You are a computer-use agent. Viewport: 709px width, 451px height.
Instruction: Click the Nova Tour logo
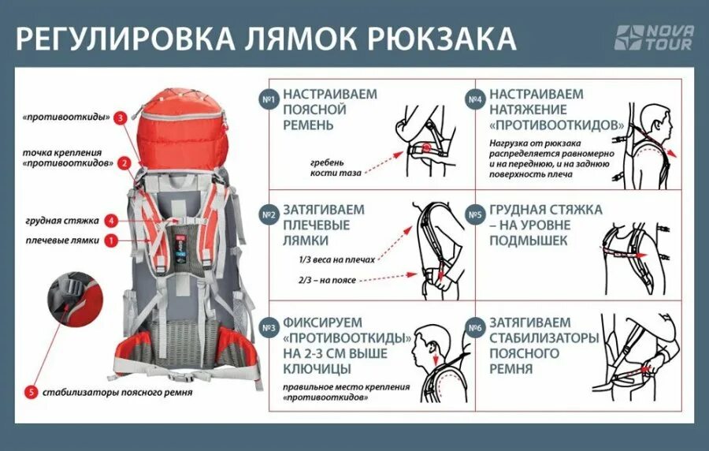[x=654, y=38]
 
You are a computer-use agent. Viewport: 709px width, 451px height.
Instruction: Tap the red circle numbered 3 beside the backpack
[x=120, y=118]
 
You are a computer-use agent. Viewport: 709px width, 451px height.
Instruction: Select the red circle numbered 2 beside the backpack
[x=124, y=163]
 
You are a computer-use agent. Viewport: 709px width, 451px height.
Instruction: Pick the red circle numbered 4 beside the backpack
[x=113, y=221]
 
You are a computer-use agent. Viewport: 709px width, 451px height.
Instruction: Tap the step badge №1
[x=269, y=99]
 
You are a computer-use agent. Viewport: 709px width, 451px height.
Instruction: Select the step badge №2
[x=269, y=214]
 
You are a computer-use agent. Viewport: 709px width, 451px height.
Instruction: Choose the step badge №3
[x=269, y=328]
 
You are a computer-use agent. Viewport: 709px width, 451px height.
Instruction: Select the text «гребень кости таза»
[x=325, y=166]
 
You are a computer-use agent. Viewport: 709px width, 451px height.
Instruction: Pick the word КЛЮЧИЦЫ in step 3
[x=320, y=368]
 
